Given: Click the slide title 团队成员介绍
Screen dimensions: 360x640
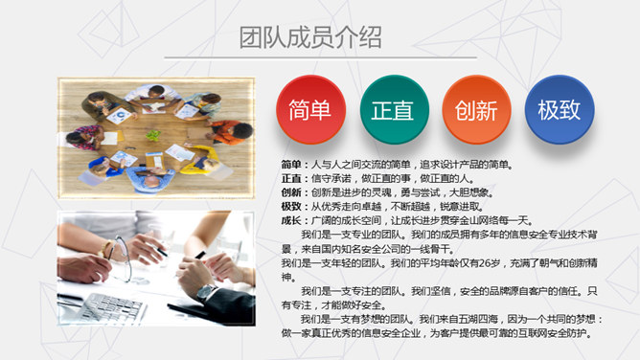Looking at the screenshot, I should pyautogui.click(x=310, y=37).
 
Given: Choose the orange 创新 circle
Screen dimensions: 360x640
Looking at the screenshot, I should pyautogui.click(x=475, y=109).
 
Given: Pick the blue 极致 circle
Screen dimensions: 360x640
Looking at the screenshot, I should pyautogui.click(x=559, y=109).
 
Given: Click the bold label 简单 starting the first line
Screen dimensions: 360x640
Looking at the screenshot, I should pyautogui.click(x=291, y=165).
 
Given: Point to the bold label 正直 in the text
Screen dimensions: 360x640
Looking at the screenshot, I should pyautogui.click(x=291, y=178).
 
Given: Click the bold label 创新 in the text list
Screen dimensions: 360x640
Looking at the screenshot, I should pyautogui.click(x=291, y=191).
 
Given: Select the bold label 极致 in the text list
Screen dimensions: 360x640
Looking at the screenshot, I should pyautogui.click(x=291, y=205).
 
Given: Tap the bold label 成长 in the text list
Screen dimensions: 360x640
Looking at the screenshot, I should pyautogui.click(x=291, y=218).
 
